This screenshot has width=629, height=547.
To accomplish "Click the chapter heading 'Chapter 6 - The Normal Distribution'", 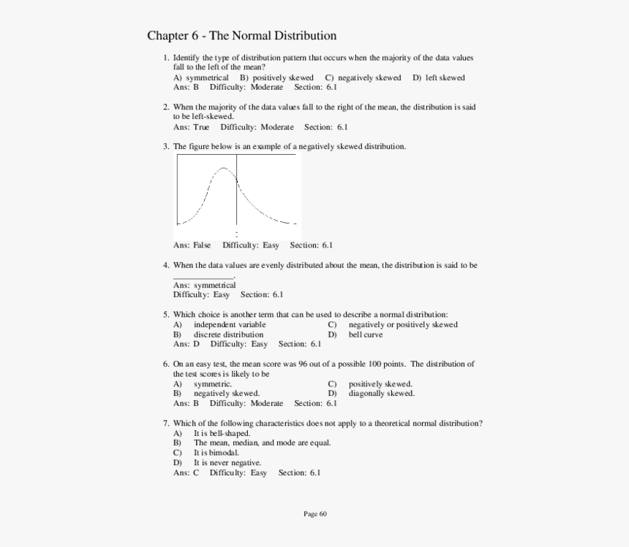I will click(241, 36).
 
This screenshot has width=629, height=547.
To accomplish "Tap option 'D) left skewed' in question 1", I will click(438, 77).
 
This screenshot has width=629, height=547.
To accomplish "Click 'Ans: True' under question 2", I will click(191, 127).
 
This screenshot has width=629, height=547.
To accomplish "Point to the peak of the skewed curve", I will click(224, 169).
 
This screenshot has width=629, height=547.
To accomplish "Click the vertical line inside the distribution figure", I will click(236, 190).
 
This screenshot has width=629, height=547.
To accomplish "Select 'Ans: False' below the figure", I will click(192, 245).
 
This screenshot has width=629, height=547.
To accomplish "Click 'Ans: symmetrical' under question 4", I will click(204, 285).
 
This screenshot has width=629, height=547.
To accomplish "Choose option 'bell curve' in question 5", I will click(365, 334).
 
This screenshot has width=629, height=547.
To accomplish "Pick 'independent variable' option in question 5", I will click(229, 324).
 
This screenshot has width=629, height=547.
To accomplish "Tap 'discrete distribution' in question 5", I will click(228, 334).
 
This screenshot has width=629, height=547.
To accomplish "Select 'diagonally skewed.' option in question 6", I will click(381, 393).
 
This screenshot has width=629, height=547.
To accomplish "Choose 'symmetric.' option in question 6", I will click(212, 383).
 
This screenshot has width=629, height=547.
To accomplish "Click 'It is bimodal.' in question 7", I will click(216, 453).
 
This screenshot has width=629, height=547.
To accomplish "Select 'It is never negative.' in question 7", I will click(227, 462).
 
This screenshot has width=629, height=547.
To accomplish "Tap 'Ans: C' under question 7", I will click(186, 473).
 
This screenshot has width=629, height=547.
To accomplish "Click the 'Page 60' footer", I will click(314, 513).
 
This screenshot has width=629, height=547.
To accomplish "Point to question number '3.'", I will click(166, 147).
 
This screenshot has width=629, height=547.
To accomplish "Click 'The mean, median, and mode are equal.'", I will click(262, 443).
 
